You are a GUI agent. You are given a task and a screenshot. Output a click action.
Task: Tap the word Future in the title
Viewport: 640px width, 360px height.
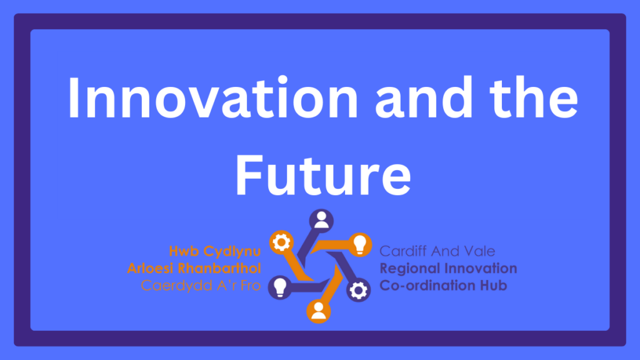[x=323, y=175]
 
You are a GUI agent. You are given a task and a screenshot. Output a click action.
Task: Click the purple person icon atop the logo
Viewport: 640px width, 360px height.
[x=321, y=221]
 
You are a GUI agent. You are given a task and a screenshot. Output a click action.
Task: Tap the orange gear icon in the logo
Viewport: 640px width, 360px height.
[x=281, y=242]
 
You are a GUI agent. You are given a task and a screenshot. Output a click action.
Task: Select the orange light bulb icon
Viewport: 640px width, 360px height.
[x=359, y=245]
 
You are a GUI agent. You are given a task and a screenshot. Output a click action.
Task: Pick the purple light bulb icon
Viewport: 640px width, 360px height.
[x=280, y=287]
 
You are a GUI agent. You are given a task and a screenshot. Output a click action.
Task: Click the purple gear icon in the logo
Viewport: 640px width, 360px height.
[x=358, y=290]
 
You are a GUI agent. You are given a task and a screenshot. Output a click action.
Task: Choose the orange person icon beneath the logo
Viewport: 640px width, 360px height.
[x=318, y=311]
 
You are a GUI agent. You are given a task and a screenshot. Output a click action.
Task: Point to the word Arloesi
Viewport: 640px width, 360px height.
[x=150, y=269]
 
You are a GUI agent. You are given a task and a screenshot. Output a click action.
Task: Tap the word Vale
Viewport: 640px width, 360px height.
[x=479, y=251]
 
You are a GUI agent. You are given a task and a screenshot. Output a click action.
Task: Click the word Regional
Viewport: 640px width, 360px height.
[x=409, y=269]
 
